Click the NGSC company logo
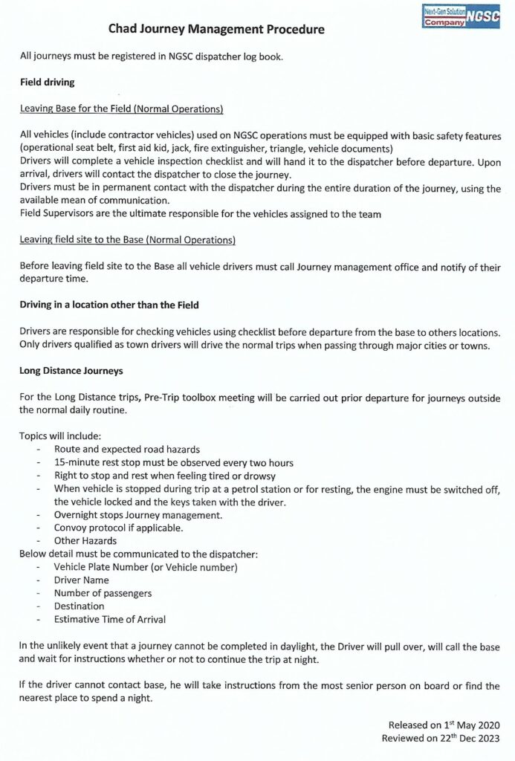point(461,18)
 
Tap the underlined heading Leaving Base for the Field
point(121,109)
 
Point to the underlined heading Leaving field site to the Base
point(128,240)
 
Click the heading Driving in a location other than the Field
point(109,305)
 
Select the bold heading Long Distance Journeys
point(71,370)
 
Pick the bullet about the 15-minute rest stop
point(174,462)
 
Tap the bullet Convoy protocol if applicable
point(118,528)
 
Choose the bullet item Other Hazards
point(85,541)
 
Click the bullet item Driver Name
point(81,580)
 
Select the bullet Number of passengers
point(103,593)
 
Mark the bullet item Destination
point(79,606)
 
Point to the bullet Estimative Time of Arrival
point(109,620)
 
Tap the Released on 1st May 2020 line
point(444,725)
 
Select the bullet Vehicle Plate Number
point(145,567)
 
